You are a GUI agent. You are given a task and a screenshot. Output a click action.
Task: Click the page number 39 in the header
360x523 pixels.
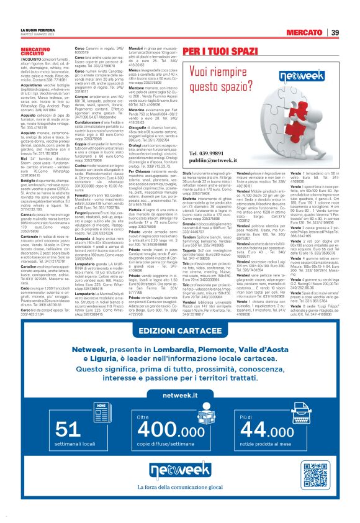[x=335, y=32]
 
